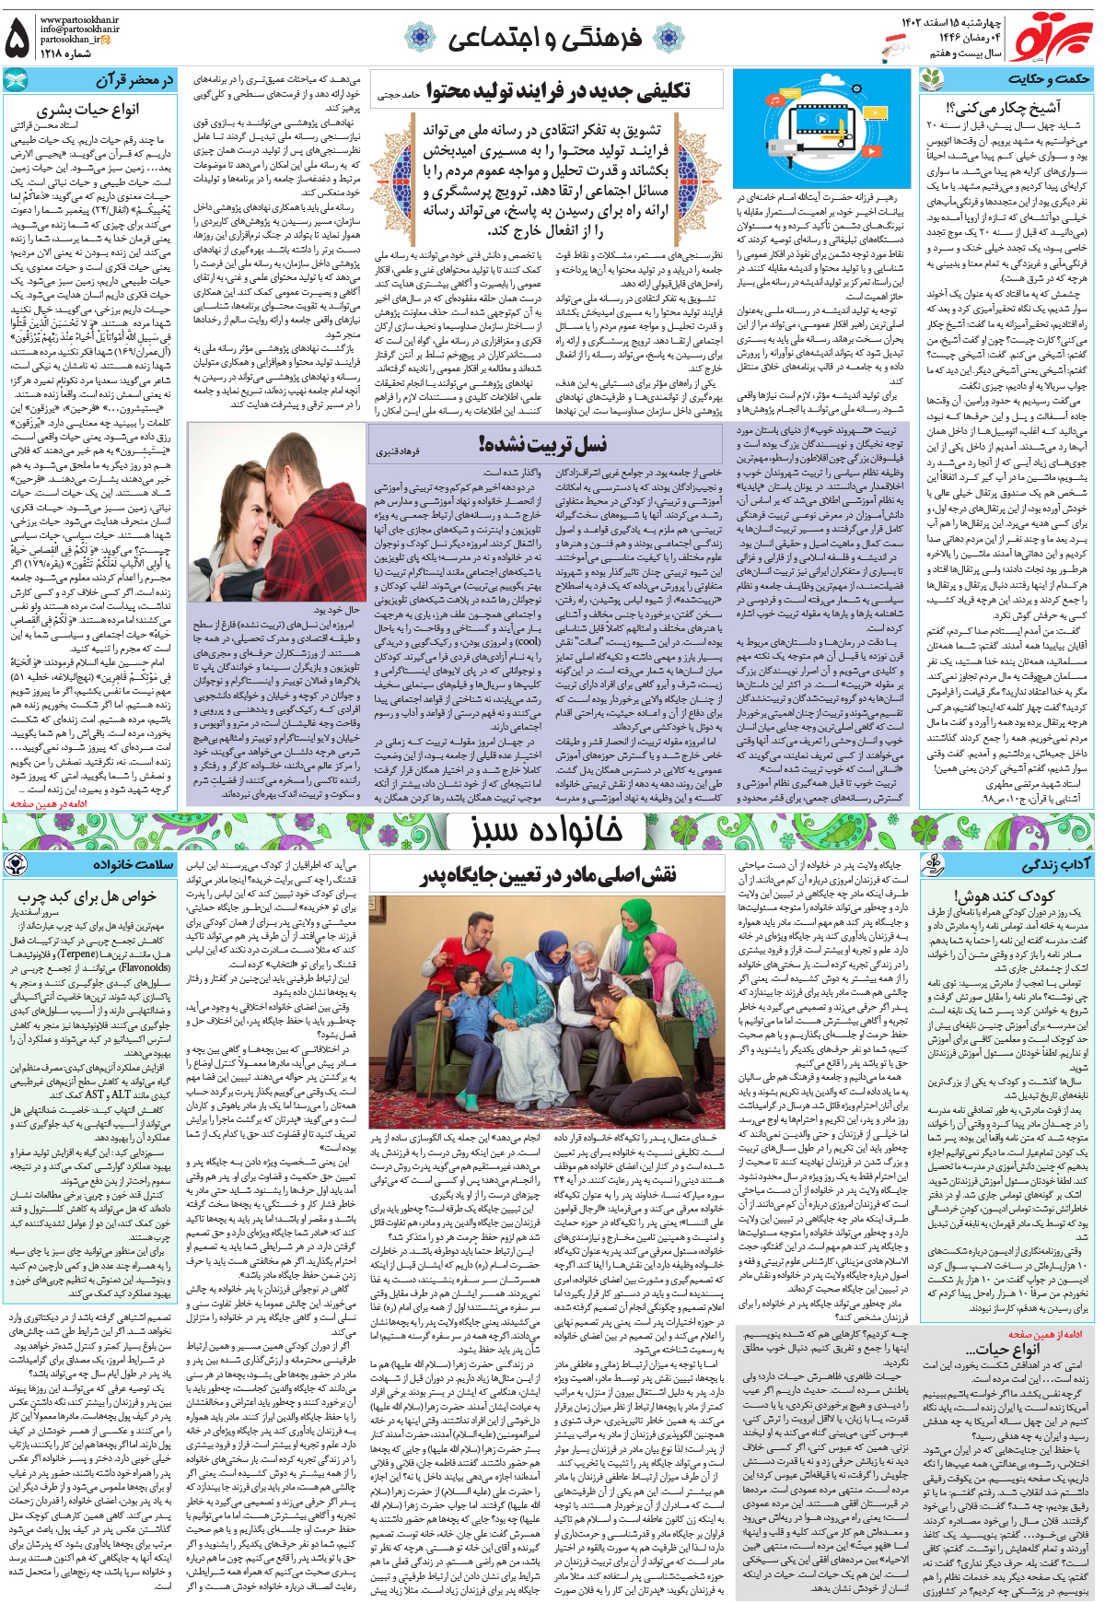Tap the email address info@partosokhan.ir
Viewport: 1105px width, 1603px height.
(x=80, y=29)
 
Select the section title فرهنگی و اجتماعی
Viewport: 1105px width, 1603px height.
(x=544, y=38)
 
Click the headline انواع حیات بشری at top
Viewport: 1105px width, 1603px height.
(x=88, y=110)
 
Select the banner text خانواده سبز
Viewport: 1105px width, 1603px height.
(x=547, y=830)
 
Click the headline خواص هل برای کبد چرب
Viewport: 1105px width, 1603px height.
(x=87, y=896)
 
